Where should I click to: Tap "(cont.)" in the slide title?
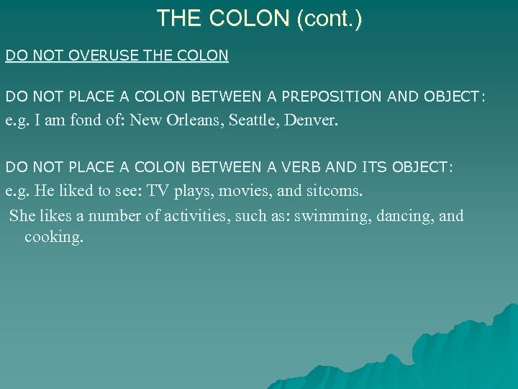coord(329,18)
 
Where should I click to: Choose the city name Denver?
coord(309,120)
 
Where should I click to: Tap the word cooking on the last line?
coord(53,237)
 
